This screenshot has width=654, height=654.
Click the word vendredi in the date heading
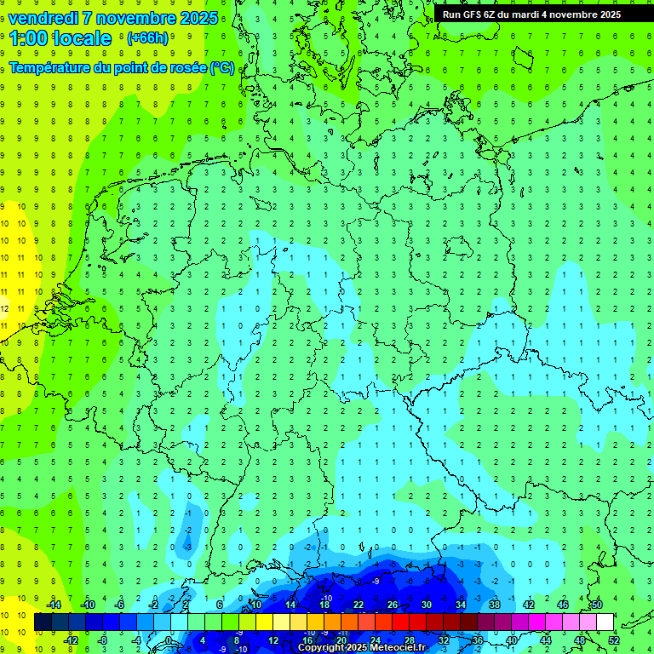coord(43,18)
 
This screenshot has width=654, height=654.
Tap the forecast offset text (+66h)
coord(147,37)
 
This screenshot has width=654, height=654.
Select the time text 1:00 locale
coord(60,38)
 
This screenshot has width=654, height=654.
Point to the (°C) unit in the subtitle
coord(223,66)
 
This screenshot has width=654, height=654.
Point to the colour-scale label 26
coord(393,605)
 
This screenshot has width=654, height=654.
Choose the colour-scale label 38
coord(495,605)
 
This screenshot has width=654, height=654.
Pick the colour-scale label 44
coord(546,640)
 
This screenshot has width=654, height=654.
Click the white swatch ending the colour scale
coord(605,622)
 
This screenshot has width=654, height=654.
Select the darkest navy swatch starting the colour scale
coord(43,622)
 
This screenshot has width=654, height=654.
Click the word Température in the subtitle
coord(49,66)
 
